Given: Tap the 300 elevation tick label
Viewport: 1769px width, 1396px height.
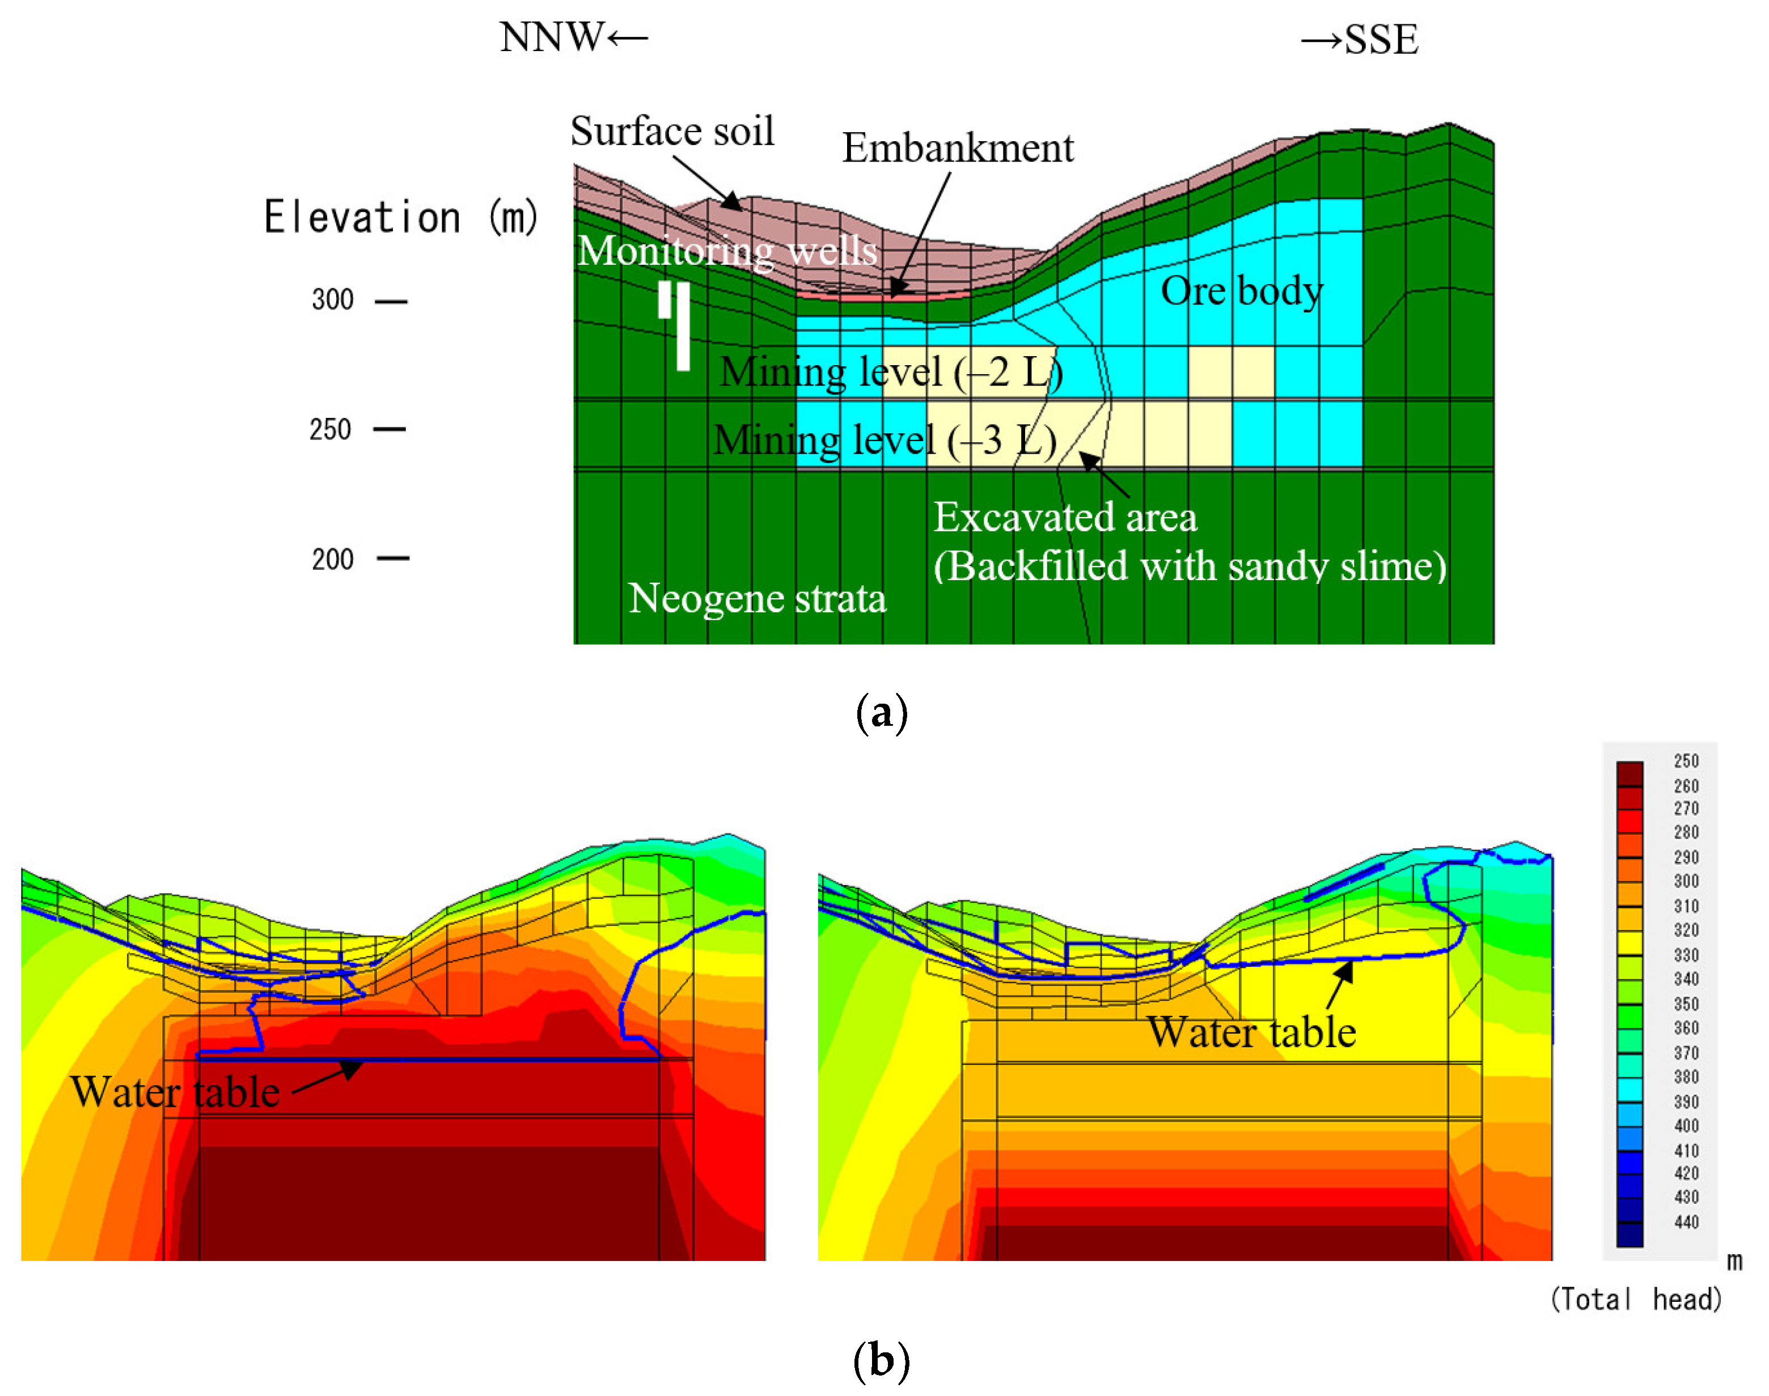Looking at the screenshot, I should coord(333,300).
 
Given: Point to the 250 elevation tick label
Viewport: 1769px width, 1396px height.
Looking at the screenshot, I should coord(330,430).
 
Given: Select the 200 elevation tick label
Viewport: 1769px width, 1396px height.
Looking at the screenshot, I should coord(333,560).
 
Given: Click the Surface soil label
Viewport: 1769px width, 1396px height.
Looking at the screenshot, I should coord(672,131).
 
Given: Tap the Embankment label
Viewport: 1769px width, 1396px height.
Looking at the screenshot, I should coord(958,148).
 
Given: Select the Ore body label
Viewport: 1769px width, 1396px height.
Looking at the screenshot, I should coord(1241,291).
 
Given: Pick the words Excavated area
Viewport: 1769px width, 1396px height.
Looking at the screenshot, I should coord(1065,517).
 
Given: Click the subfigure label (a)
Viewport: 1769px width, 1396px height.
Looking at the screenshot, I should coord(882,713).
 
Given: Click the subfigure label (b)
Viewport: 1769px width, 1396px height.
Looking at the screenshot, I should coord(881,1361).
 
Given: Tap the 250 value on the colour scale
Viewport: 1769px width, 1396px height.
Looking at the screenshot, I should coord(1686,762).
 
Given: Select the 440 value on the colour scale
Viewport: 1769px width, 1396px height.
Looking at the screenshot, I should coord(1686,1222).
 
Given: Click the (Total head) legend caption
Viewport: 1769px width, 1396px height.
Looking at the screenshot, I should coord(1636,1300).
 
